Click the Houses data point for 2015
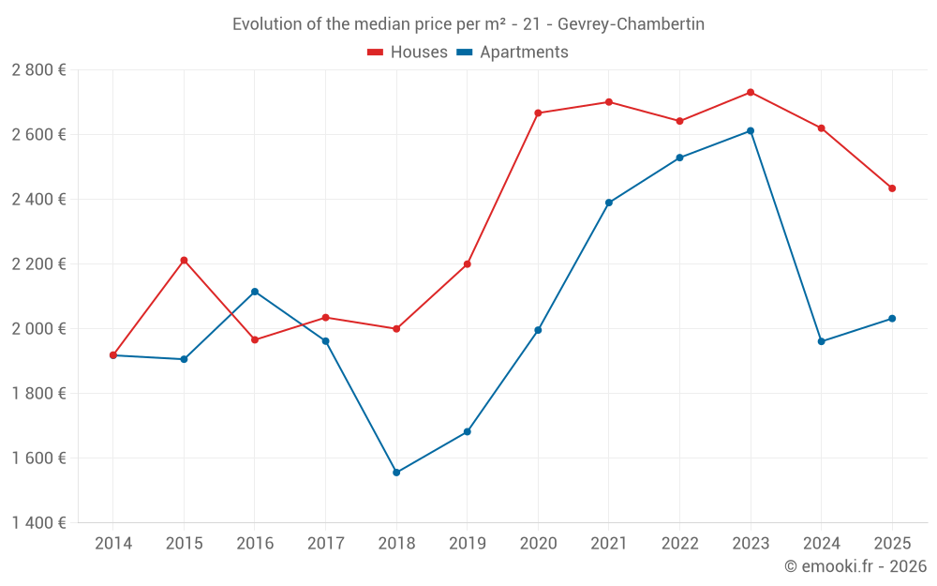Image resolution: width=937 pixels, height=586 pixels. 184,260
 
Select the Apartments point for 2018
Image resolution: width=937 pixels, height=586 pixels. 396,473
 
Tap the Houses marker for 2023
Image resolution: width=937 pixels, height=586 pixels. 751,92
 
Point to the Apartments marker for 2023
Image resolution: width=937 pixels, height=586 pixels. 751,131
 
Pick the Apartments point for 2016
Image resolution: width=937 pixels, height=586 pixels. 255,292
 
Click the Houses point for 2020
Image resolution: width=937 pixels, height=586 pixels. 538,113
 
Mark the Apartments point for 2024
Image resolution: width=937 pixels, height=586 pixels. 822,341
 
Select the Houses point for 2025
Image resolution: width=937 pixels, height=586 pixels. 892,188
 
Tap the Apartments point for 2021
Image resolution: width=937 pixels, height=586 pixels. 609,203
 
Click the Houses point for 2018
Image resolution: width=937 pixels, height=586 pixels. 396,329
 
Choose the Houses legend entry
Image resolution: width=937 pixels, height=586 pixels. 408,53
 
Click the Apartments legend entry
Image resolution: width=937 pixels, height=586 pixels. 513,53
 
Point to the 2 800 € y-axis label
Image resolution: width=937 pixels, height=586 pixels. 38,70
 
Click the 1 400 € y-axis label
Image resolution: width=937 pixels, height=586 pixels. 38,523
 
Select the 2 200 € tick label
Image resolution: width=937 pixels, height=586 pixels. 38,264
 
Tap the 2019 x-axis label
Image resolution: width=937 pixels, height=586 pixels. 468,544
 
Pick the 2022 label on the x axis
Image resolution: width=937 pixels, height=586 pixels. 679,544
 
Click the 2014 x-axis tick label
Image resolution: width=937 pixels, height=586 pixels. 113,544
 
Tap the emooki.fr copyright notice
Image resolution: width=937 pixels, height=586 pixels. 855,566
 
